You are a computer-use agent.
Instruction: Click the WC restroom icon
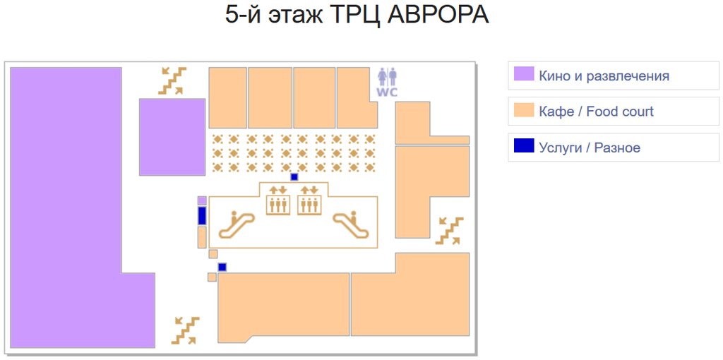click(387, 82)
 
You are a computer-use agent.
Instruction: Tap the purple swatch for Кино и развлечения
click(523, 75)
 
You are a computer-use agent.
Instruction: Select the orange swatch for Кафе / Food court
click(523, 111)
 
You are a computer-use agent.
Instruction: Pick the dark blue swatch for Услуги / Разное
click(523, 147)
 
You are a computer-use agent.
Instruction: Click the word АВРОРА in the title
click(438, 15)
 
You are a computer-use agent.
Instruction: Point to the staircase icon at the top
click(172, 80)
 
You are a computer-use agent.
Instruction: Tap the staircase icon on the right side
click(448, 231)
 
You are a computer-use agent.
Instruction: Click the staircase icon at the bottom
click(186, 330)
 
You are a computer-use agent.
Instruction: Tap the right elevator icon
click(309, 200)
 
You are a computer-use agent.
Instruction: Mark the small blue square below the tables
click(294, 177)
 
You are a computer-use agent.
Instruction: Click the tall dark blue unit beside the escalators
click(202, 215)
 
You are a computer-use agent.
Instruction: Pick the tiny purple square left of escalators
click(202, 200)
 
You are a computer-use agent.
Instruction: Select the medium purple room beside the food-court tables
click(172, 136)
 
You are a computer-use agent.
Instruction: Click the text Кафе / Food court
click(596, 112)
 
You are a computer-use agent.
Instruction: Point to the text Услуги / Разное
click(589, 148)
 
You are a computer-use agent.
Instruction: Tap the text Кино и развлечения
click(604, 76)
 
